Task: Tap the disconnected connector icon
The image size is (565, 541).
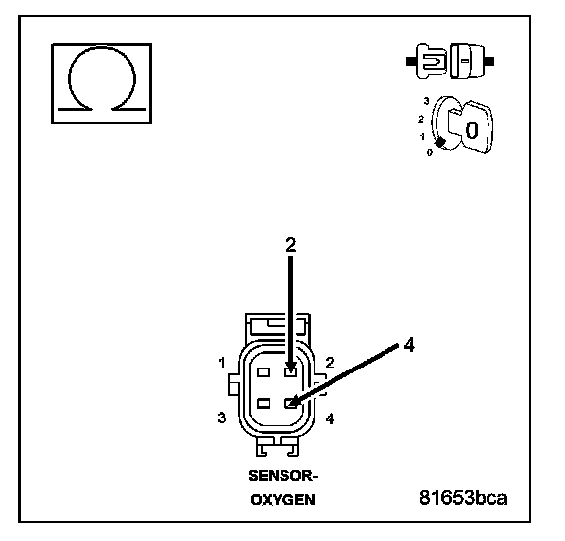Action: pos(450,61)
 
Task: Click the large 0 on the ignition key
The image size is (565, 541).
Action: pos(471,130)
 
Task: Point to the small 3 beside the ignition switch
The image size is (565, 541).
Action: pos(426,101)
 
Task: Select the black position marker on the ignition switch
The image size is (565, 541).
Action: pos(440,142)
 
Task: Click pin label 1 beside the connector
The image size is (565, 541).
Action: pos(222,362)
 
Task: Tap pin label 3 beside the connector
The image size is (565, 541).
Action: pos(222,418)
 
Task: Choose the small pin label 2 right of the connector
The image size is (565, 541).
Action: pos(330,362)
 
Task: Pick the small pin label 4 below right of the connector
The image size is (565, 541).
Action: pos(330,418)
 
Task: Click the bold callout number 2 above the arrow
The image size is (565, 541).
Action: pos(291,245)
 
